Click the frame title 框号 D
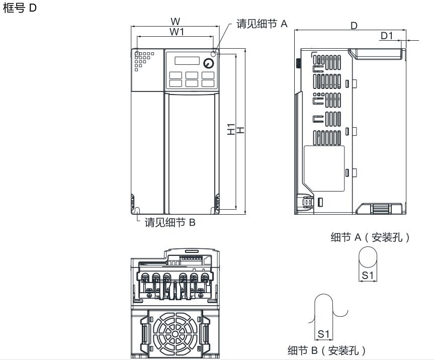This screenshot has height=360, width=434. click(x=20, y=8)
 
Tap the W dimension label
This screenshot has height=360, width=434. click(x=175, y=21)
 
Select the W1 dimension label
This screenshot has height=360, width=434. click(x=177, y=32)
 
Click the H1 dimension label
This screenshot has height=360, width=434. click(x=231, y=129)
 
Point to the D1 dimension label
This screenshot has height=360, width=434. click(x=387, y=36)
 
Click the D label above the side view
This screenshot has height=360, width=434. click(x=354, y=26)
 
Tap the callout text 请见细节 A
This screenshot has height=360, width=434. click(x=262, y=24)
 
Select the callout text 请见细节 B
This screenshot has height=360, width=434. click(x=170, y=222)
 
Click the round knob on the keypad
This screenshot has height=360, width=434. click(x=208, y=63)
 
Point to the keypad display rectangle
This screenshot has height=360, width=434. click(x=187, y=61)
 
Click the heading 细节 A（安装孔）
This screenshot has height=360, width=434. click(x=370, y=237)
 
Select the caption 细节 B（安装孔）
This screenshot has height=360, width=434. click(x=326, y=350)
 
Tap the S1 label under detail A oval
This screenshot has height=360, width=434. click(x=368, y=276)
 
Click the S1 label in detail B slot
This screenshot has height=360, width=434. click(x=323, y=334)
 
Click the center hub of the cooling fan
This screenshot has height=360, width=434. click(x=175, y=334)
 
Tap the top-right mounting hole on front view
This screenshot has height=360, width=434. click(x=213, y=54)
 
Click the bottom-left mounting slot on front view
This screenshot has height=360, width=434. click(x=137, y=210)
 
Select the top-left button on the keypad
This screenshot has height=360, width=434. click(x=176, y=75)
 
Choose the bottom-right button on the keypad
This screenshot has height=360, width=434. click(x=208, y=83)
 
